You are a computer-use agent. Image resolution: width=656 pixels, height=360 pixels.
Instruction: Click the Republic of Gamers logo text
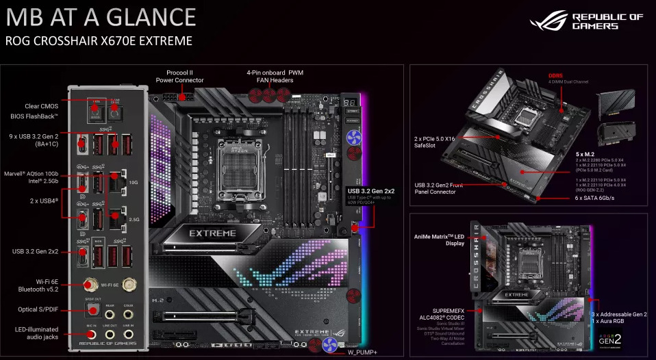pos(607,21)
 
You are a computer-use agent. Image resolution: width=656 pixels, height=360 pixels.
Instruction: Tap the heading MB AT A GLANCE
pos(101,16)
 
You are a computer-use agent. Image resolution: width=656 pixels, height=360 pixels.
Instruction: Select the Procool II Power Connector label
pos(180,76)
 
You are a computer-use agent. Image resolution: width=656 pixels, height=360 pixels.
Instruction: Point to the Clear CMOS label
pos(41,105)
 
